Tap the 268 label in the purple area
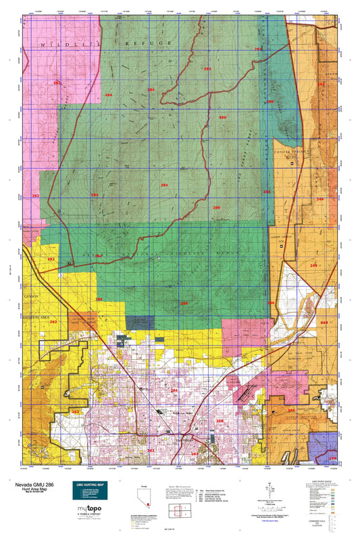(332, 459)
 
